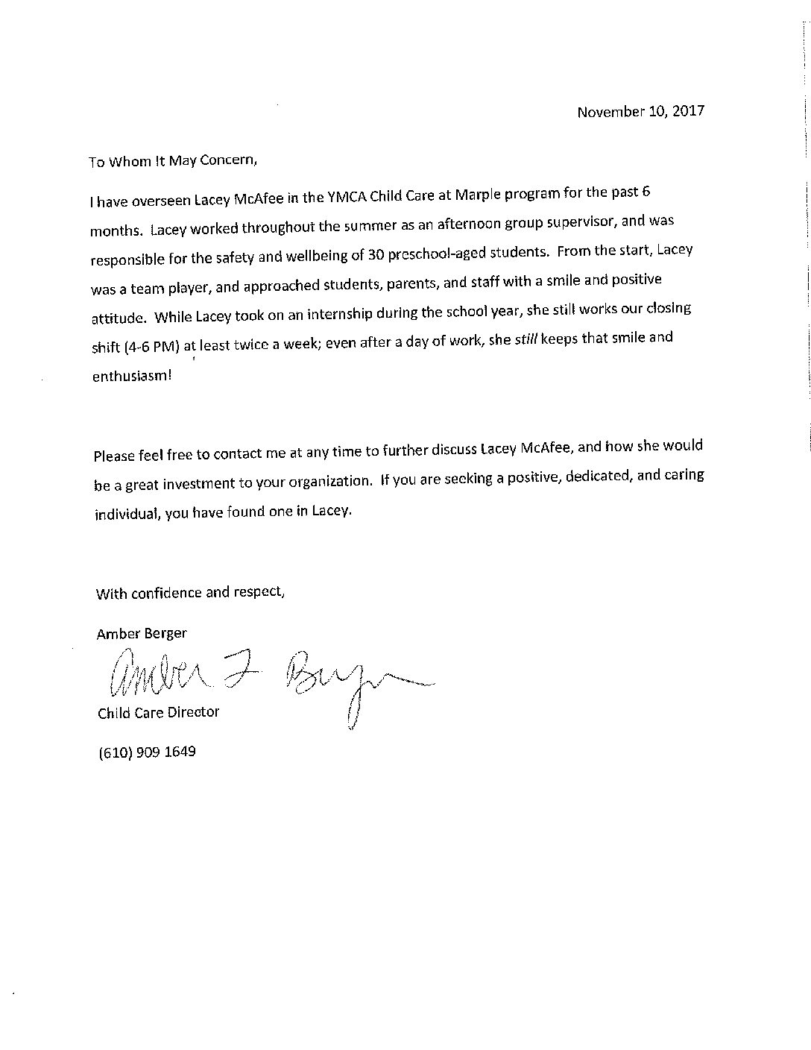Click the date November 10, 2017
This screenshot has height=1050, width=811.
(640, 112)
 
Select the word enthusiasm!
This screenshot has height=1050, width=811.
(131, 377)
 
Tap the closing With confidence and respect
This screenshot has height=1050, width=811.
(190, 593)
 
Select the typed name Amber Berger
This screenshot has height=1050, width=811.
(142, 633)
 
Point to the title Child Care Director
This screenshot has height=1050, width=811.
(158, 712)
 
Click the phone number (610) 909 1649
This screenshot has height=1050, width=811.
(147, 752)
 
